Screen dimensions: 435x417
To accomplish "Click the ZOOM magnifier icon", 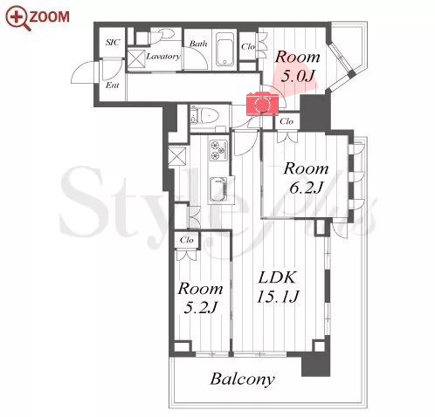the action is [18, 17].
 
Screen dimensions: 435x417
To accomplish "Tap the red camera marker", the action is [262, 104].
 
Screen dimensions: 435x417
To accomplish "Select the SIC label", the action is [113, 43].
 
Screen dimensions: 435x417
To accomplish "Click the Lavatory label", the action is [163, 56].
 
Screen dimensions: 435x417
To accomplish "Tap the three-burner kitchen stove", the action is [218, 150].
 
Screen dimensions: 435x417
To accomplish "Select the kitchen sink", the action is [218, 188].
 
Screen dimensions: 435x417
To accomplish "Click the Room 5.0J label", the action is [298, 66].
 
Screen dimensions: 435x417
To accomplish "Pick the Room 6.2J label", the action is [306, 178].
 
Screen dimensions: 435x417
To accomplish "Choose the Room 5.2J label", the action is [201, 298].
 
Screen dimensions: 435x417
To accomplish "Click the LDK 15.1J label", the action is [278, 287].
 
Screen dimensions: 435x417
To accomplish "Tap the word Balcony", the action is [242, 379].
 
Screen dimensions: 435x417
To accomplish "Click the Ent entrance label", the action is [112, 85].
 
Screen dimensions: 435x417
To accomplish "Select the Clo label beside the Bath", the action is [248, 46].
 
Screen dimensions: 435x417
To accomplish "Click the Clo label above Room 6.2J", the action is [287, 121].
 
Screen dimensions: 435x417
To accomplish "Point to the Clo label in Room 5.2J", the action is [187, 240].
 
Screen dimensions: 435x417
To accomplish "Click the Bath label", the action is [198, 44].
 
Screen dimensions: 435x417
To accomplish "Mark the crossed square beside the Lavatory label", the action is [136, 59].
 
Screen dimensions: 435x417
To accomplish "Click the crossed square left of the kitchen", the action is [177, 156].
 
